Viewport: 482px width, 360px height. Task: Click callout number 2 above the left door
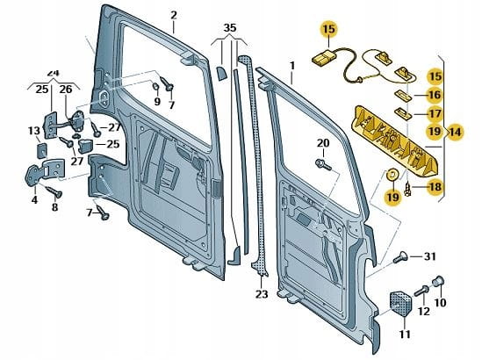pos(174,16)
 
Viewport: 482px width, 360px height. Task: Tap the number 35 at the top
pos(230,28)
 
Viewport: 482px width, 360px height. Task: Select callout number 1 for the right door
pos(292,66)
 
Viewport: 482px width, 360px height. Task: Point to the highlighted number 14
pos(456,133)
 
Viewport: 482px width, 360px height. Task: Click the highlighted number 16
pos(435,95)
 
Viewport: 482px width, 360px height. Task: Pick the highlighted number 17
pos(435,114)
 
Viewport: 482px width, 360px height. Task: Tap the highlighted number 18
pos(435,187)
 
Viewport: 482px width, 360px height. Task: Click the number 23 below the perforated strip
pos(262,294)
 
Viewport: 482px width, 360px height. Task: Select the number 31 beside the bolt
pos(429,256)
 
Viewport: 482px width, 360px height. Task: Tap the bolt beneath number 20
pos(323,164)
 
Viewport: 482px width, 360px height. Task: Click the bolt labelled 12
pos(421,291)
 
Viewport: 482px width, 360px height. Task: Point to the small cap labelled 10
pos(439,281)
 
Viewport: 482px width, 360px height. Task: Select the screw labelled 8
pos(54,191)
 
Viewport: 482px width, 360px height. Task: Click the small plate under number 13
pos(41,150)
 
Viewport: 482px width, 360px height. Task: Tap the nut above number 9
pos(155,87)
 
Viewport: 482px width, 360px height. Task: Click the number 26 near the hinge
pos(66,90)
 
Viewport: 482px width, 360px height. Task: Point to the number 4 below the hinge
pos(34,199)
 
